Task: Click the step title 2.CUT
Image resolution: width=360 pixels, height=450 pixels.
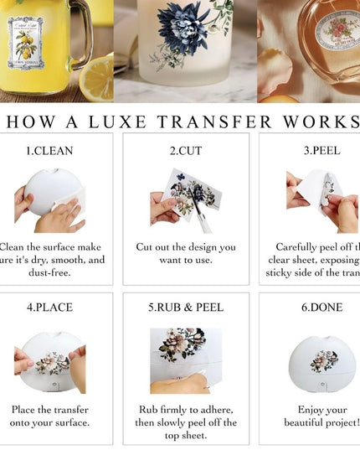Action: [x=186, y=152]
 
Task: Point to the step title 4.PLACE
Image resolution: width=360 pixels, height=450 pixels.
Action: [x=49, y=308]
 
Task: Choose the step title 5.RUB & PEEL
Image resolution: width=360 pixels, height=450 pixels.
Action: [x=186, y=308]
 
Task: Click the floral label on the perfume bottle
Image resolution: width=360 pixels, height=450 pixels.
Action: [x=337, y=29]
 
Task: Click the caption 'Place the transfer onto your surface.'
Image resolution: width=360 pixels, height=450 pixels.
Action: [x=50, y=416]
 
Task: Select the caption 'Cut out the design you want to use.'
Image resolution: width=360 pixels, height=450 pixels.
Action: [x=186, y=254]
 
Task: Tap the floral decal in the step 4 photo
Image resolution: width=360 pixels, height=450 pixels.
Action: [x=52, y=362]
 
